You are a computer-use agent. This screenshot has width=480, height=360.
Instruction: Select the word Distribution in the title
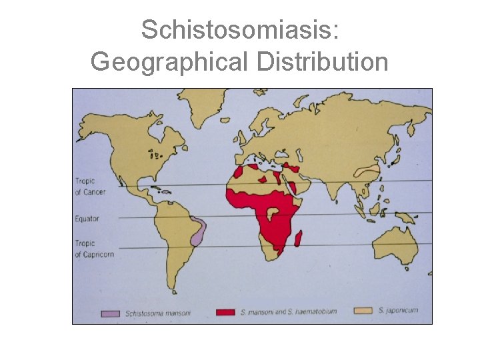point(317,61)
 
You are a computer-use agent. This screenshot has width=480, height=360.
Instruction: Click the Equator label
point(87,218)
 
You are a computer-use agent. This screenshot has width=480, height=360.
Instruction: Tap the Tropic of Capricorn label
point(94,249)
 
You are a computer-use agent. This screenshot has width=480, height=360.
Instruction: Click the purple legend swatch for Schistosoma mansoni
point(111,312)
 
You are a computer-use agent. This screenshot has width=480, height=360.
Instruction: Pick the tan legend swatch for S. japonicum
point(363,311)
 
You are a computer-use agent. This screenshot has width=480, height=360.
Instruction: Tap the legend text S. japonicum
point(398,311)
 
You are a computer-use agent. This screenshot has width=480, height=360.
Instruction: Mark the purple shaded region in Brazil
point(197,230)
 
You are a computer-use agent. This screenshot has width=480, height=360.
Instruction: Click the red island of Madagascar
point(299,239)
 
